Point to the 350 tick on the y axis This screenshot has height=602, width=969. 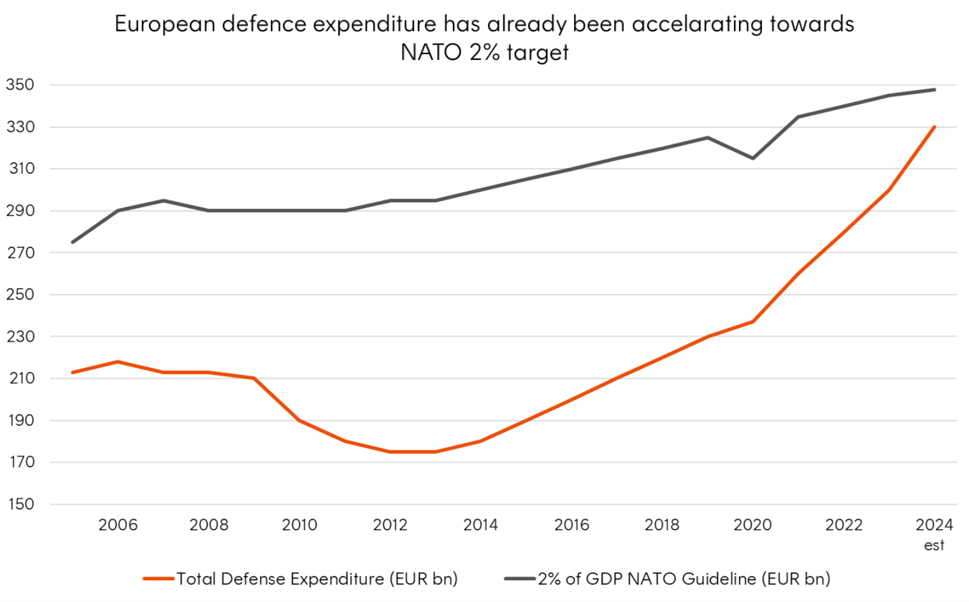[20, 85]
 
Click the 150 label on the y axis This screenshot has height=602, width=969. [20, 504]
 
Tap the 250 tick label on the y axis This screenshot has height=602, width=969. [20, 295]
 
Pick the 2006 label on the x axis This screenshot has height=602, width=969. [118, 525]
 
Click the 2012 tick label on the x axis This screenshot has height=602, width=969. [390, 525]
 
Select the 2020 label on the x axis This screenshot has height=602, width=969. [752, 525]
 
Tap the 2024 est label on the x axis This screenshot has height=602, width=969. [934, 533]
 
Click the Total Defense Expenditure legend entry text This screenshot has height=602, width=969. [317, 578]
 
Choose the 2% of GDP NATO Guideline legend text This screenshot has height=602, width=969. [684, 578]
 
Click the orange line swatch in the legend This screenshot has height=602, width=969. [159, 578]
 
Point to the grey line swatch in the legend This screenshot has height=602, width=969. [520, 578]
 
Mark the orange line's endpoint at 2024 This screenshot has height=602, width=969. [934, 127]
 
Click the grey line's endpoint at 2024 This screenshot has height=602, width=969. [934, 90]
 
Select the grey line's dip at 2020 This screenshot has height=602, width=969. [752, 158]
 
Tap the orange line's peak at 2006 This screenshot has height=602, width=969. [118, 361]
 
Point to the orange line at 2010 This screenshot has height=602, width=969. [299, 420]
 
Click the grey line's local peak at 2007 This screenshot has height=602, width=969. [164, 200]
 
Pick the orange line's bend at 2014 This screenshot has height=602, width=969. [480, 441]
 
